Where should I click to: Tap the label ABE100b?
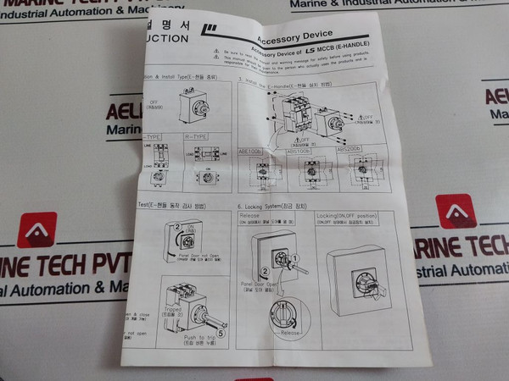(x=252, y=149)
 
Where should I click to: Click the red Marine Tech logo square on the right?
(x=456, y=212)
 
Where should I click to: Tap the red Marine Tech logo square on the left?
(x=37, y=229)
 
